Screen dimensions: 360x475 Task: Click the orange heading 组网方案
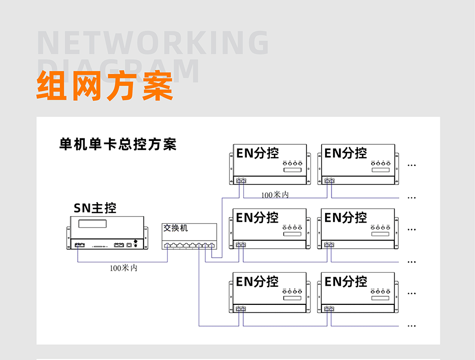[104, 86]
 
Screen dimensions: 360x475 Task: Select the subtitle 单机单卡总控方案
[118, 145]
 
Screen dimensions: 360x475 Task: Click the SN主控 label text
[95, 208]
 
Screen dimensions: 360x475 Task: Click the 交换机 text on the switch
[176, 228]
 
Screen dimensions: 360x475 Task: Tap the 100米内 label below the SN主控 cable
[123, 268]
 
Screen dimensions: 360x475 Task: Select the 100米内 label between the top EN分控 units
[274, 195]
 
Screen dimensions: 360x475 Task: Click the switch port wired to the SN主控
[167, 246]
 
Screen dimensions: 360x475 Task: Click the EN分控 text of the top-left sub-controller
[257, 153]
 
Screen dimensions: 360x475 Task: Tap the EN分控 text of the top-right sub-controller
[346, 153]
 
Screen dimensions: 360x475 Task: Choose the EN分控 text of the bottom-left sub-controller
[257, 281]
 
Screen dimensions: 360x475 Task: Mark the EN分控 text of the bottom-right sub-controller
[346, 281]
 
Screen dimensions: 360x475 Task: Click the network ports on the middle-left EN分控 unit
[241, 245]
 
